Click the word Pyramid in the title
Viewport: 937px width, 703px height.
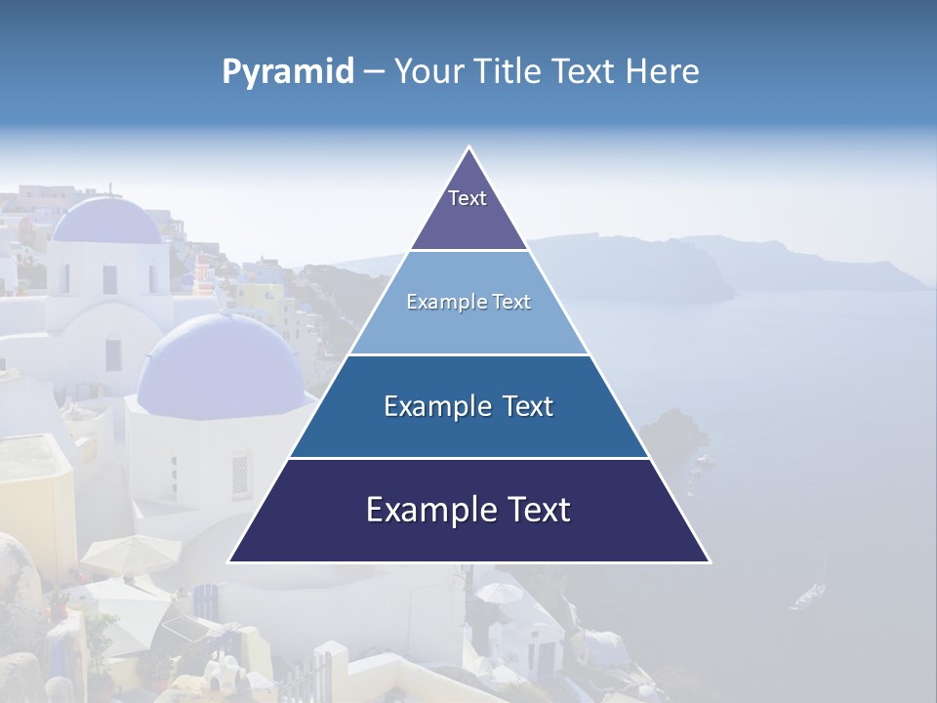click(x=288, y=72)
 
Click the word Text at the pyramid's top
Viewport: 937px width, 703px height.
click(x=468, y=198)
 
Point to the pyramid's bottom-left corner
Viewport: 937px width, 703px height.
click(x=230, y=561)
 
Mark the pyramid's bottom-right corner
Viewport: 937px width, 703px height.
click(x=709, y=561)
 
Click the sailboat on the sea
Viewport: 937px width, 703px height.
click(x=809, y=593)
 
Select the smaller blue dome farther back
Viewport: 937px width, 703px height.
click(x=107, y=221)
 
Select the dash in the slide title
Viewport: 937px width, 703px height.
click(x=374, y=72)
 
